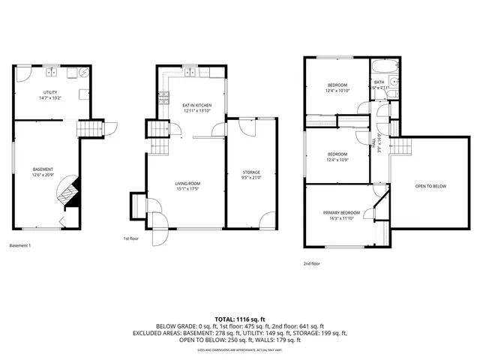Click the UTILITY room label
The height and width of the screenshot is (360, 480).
[x=49, y=92]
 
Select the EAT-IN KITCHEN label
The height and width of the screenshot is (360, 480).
[x=197, y=106]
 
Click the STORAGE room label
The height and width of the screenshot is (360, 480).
[x=251, y=172]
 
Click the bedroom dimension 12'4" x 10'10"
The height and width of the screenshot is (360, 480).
[x=338, y=91]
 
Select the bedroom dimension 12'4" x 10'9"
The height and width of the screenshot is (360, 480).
[x=338, y=160]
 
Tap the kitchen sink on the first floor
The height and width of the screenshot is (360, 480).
[x=190, y=73]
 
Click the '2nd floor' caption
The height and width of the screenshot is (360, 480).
[x=312, y=263]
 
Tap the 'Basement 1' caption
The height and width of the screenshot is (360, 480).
[x=20, y=246]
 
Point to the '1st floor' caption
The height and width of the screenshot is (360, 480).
[x=132, y=238]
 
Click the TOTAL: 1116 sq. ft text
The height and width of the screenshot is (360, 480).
[x=240, y=319]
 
